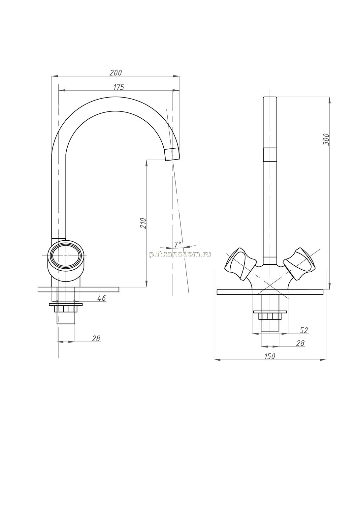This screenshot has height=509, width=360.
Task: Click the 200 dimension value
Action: pos(116,73)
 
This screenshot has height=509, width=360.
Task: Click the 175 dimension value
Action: pos(119,87)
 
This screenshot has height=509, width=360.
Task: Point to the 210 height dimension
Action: pos(143,223)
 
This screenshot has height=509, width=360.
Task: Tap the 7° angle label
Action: pos(178,244)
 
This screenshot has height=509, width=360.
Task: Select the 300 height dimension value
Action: pos(326,139)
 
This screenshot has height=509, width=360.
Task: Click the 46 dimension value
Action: pos(101,298)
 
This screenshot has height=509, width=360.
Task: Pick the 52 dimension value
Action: pos(304,330)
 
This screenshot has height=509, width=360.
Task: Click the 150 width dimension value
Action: pos(270,356)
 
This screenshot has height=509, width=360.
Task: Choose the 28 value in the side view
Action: pos(96,338)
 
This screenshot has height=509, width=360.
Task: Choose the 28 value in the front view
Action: pos(300,343)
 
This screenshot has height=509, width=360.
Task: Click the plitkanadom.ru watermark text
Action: pos(180,254)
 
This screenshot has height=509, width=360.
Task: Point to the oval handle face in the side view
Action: pos(66,255)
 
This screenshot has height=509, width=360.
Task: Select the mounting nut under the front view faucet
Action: pos(270,316)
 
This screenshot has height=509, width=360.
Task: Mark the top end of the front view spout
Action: pos(270,97)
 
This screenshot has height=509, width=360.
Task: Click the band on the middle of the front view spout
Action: pos(270,155)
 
